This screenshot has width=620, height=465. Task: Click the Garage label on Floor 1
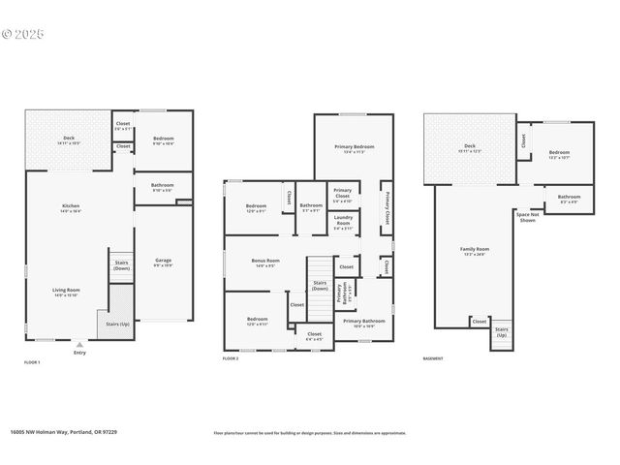164,262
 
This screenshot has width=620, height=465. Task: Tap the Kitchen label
71,207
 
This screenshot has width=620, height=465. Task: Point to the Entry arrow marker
79,344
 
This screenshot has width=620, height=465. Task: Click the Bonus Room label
266,262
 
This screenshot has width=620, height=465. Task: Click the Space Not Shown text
527,217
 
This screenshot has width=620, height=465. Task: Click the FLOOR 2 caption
231,359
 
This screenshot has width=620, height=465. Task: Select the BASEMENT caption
434,359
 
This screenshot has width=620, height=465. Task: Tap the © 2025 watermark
22,33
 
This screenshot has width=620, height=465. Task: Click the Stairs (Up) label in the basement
502,331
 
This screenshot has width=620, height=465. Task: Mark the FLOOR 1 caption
32,361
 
